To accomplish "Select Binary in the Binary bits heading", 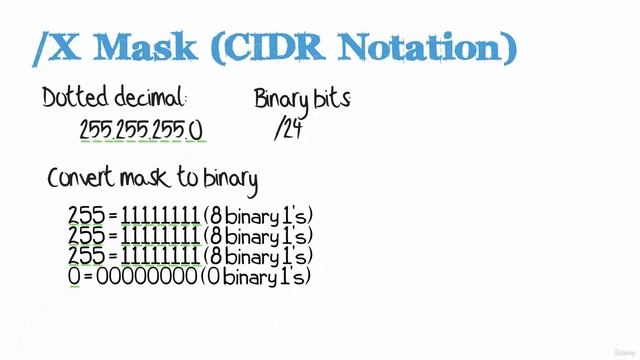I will point(281,98).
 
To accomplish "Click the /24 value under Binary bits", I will point(287,129).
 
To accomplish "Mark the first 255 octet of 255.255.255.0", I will point(95,130).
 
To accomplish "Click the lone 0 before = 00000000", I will point(73,275).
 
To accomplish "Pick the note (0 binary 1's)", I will point(255,275).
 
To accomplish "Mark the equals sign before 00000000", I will point(88,276).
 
